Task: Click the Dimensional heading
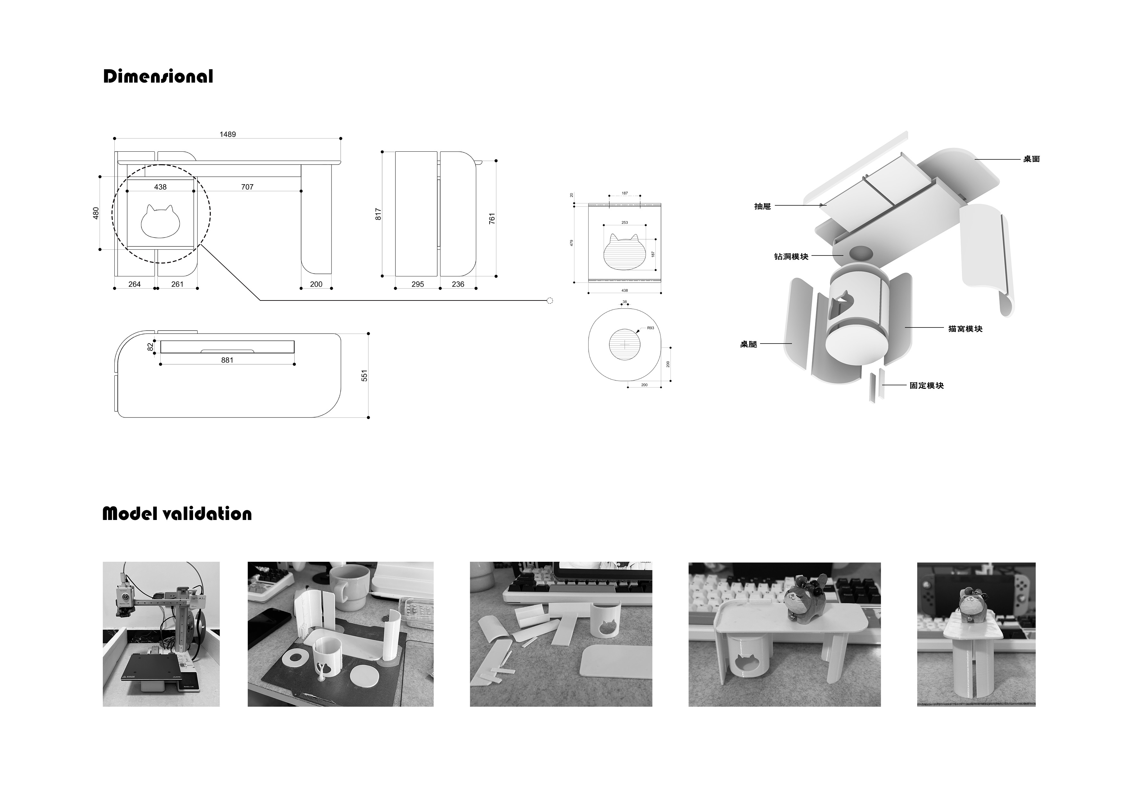(158, 76)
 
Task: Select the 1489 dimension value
(227, 134)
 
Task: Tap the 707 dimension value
(247, 187)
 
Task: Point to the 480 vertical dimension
(96, 213)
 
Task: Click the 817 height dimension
(378, 214)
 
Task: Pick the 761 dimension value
(492, 219)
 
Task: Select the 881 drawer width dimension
(227, 360)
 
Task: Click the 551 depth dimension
(364, 376)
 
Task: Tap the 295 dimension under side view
(417, 284)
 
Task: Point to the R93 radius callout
(650, 327)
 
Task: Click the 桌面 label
(1031, 159)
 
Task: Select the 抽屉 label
(762, 206)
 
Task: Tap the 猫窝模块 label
(965, 328)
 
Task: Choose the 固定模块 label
(926, 386)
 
